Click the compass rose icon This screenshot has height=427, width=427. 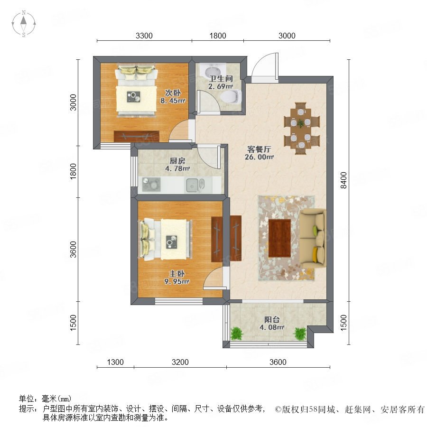(x=24, y=24)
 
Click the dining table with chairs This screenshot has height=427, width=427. (x=301, y=128)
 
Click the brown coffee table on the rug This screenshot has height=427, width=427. (x=279, y=238)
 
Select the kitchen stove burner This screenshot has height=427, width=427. (x=151, y=184)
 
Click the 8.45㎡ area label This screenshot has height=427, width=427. (x=173, y=101)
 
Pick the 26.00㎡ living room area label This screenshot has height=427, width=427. (x=259, y=157)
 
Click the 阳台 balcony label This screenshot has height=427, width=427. (x=271, y=319)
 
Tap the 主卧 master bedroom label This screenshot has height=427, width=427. (x=177, y=274)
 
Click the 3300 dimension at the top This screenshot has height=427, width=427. (x=144, y=36)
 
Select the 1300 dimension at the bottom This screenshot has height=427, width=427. (x=115, y=362)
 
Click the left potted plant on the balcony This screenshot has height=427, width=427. (x=236, y=333)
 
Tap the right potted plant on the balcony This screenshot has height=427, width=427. (x=300, y=333)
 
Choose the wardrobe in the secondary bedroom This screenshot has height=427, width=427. (x=137, y=136)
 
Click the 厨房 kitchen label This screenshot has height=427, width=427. (x=177, y=161)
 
